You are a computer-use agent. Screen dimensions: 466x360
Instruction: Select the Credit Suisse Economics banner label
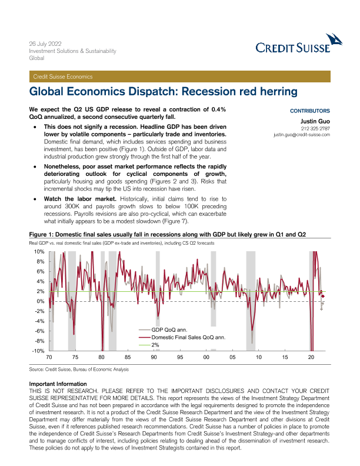63,76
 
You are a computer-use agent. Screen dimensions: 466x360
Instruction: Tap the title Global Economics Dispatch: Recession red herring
164,92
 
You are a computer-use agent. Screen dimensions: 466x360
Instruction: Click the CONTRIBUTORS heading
310,111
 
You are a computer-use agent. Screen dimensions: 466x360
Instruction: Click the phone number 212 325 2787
315,128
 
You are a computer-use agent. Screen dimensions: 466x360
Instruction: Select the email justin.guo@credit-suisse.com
302,135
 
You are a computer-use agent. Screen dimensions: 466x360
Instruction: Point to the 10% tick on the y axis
39,252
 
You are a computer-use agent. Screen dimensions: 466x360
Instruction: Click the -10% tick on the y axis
38,351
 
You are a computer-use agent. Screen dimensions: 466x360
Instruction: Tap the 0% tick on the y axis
40,301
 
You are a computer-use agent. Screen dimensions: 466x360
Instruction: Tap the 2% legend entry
155,345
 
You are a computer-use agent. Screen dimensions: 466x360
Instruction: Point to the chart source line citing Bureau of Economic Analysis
78,370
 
